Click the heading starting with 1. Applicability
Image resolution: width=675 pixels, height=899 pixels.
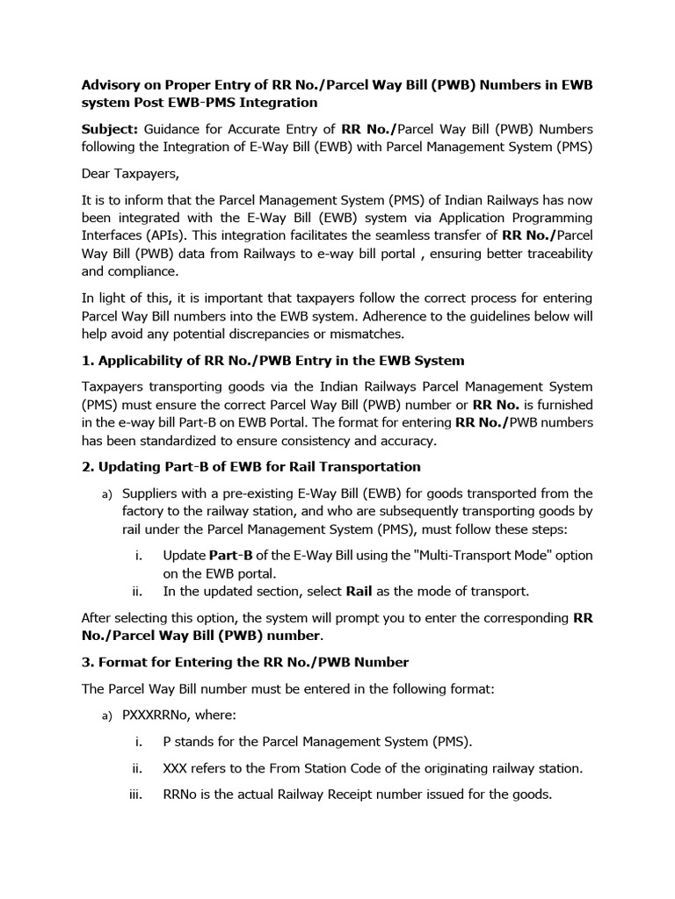(x=272, y=361)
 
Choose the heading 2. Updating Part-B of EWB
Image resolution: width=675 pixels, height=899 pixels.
(x=250, y=467)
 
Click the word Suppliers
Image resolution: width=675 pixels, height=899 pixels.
(x=152, y=493)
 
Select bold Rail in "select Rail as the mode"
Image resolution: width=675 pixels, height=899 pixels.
(x=360, y=591)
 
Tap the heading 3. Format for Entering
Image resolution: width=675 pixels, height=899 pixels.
(x=245, y=662)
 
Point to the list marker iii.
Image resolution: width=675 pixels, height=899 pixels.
(x=135, y=795)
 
